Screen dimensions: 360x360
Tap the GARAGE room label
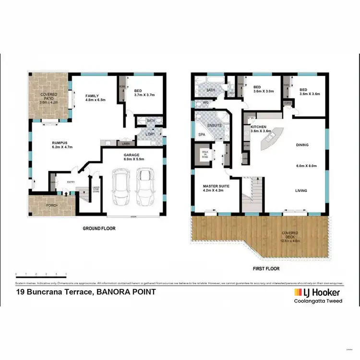tap(131, 155)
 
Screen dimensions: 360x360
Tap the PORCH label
tap(52, 205)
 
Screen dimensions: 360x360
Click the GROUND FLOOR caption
tap(99, 228)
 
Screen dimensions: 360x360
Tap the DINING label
tap(302, 145)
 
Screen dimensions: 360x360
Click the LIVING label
tap(301, 191)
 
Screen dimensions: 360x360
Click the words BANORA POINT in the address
tap(126, 291)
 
